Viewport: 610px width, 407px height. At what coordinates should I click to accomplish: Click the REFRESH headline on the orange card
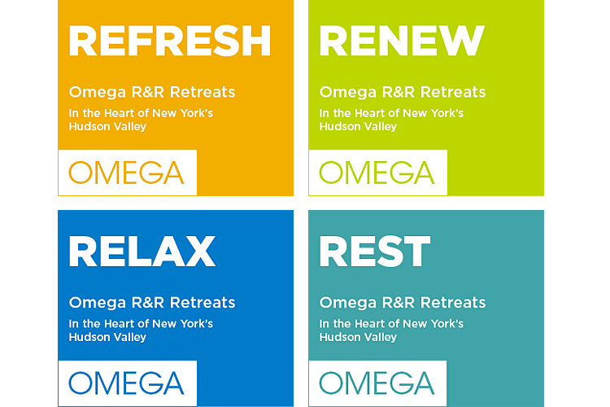point(170,41)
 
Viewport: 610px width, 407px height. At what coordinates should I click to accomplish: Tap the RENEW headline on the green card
point(402,41)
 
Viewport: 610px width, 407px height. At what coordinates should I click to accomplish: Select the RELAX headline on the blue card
point(142,252)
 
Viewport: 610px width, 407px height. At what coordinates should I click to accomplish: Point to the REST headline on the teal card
point(375,252)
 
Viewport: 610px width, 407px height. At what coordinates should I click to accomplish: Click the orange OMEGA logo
point(126,173)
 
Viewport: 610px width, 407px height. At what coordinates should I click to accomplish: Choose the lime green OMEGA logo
point(377,173)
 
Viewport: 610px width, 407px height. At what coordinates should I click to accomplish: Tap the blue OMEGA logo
point(126,383)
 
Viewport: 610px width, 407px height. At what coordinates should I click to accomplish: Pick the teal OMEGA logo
point(377,383)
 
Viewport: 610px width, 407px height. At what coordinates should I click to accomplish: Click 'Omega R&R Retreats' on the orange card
point(152,92)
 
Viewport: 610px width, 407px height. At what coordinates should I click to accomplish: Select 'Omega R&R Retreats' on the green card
point(403,92)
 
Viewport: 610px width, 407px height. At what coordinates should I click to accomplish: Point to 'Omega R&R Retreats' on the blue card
point(152,303)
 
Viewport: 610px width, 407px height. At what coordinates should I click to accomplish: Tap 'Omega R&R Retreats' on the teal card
point(403,303)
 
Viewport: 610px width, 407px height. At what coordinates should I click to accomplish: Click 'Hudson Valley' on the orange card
point(107,127)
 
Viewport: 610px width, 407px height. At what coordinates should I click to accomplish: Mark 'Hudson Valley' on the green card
point(358,127)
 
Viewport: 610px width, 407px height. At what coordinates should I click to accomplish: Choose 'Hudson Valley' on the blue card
point(107,337)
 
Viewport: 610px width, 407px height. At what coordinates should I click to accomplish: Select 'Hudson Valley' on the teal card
point(358,337)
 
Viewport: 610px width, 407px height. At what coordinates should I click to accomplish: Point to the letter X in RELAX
point(200,252)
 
